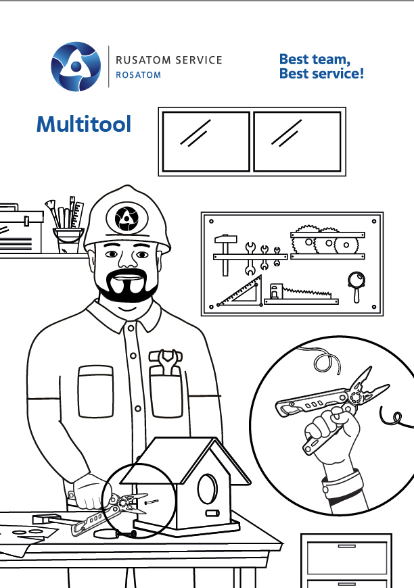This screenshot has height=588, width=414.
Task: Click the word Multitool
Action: click(x=84, y=124)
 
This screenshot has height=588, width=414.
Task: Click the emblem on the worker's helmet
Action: click(x=126, y=218)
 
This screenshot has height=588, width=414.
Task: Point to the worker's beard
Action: click(x=127, y=287)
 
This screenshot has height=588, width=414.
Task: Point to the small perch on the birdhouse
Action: click(x=211, y=513)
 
